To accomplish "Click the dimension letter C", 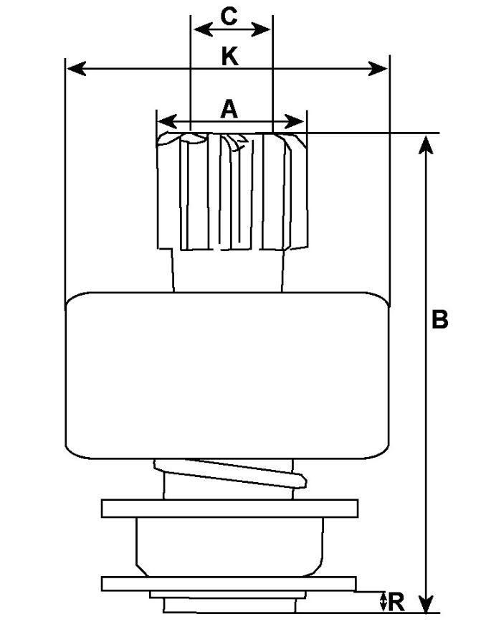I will coord(229,17).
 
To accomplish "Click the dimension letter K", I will coord(229,57).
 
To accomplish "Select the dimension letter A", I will coord(229,108).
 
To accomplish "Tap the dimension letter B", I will coord(439,319).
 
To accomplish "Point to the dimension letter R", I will coord(397,599).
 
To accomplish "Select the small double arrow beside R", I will coord(383,600).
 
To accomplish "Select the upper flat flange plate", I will coord(229,508).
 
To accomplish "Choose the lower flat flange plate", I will coord(229,583).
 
